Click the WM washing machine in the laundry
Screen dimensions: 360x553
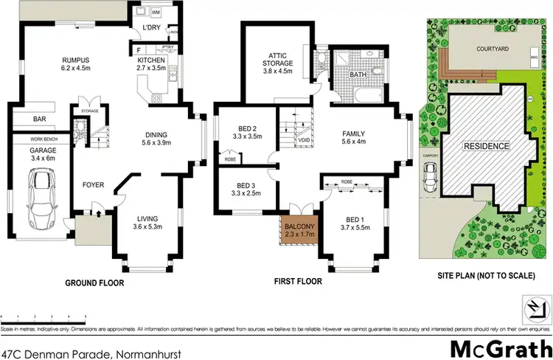[x=156, y=13]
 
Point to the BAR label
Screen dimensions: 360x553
[x=39, y=119]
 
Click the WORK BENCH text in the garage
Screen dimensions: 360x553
[x=44, y=139]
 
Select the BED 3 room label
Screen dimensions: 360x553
[x=243, y=189]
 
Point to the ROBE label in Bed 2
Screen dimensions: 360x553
[x=229, y=157]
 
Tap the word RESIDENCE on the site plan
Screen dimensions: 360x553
[x=486, y=147]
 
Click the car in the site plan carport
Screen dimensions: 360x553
[x=430, y=175]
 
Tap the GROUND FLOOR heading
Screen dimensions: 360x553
[x=94, y=283]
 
